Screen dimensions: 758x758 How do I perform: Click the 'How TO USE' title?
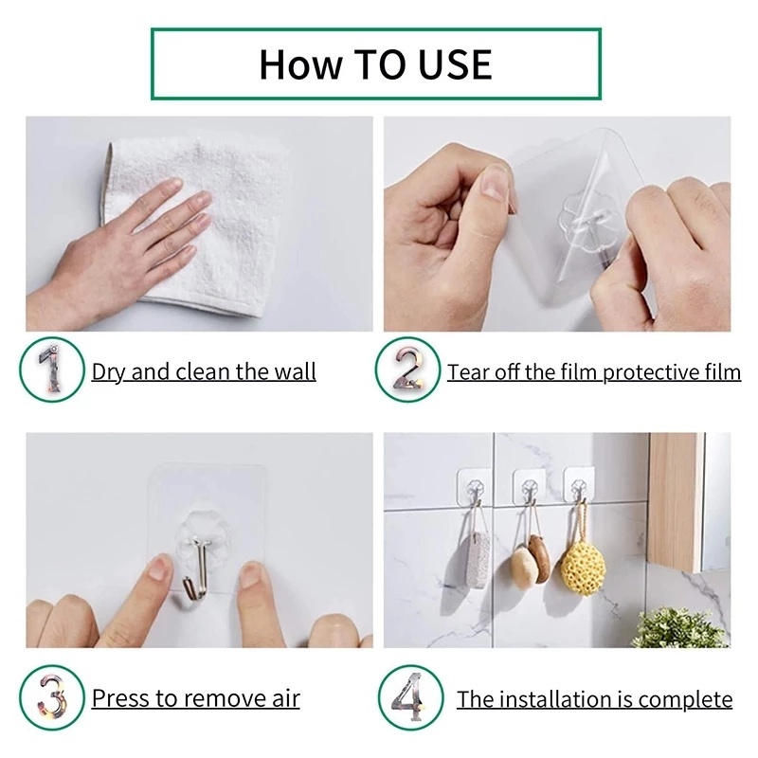[x=375, y=63]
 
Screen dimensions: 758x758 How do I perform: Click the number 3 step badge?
[x=51, y=699]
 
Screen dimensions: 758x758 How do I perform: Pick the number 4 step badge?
[x=409, y=699]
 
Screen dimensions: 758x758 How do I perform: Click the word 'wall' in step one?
[x=295, y=371]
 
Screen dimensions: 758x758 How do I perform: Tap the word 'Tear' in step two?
[x=467, y=371]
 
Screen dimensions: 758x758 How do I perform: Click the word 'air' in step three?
[x=281, y=699]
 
